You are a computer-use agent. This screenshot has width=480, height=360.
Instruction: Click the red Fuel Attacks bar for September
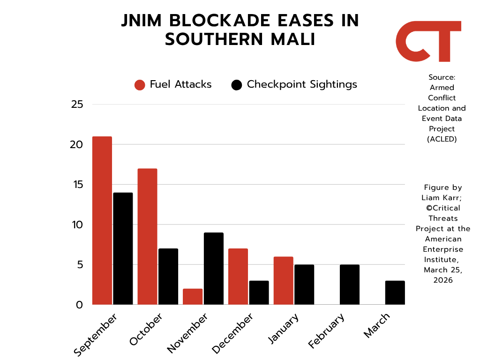(x=102, y=220)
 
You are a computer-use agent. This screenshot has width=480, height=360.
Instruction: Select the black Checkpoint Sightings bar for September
(x=123, y=248)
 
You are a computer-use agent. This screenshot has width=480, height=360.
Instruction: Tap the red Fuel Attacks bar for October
(x=147, y=236)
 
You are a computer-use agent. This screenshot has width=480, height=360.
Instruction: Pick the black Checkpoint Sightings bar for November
(x=214, y=269)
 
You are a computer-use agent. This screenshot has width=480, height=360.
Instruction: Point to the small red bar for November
(x=193, y=297)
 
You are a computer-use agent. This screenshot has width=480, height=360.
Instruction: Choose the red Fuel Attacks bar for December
(x=238, y=277)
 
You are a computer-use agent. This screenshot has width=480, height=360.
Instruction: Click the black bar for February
(x=350, y=285)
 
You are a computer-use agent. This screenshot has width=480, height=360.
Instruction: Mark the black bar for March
(x=395, y=292)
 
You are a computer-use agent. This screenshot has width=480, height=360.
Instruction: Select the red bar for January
(x=284, y=281)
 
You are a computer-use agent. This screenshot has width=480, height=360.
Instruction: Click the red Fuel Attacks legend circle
(x=140, y=85)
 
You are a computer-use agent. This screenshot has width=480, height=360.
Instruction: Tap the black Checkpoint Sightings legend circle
(x=237, y=85)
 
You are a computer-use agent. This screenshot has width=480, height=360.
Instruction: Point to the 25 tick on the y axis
(x=77, y=105)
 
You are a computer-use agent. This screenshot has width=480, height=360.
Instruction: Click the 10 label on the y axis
(x=77, y=225)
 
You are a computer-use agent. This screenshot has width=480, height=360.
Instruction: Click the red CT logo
(x=428, y=41)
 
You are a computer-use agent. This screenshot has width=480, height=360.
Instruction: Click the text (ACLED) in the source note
(x=442, y=139)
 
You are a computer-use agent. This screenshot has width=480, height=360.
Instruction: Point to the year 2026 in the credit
(x=443, y=280)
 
